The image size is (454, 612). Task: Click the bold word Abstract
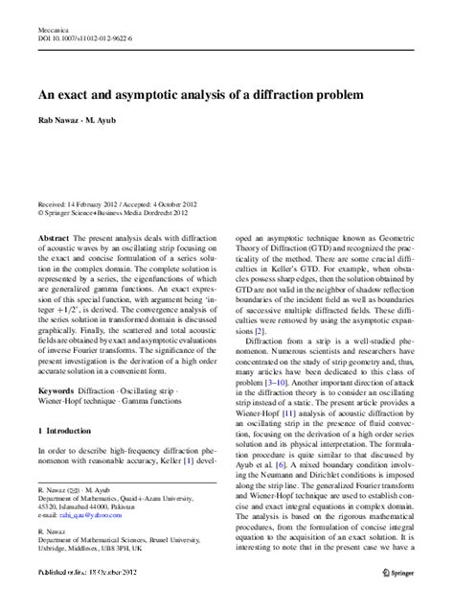[54, 236]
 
